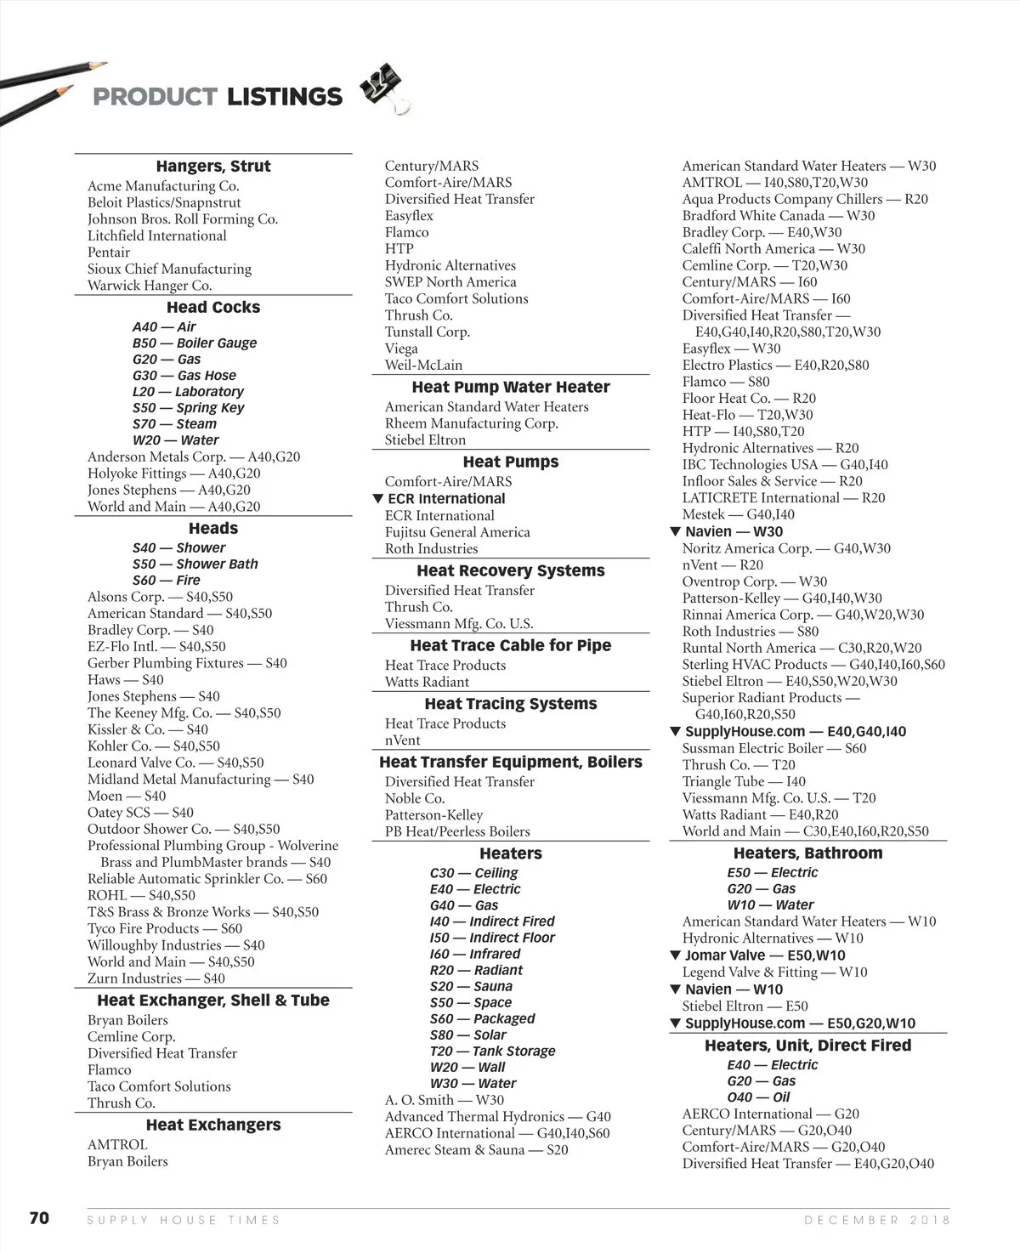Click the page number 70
tap(40, 1217)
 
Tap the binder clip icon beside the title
tap(384, 88)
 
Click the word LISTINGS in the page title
tap(284, 97)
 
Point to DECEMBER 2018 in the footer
tap(877, 1220)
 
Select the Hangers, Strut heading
tap(213, 167)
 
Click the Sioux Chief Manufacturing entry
tap(169, 269)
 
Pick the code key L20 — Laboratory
tap(188, 392)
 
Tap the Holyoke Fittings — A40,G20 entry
tap(173, 473)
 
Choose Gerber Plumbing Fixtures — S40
tap(187, 663)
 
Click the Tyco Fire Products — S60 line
tap(164, 928)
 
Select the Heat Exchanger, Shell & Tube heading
tap(213, 1001)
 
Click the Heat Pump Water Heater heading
tap(511, 387)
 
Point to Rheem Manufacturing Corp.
tap(471, 423)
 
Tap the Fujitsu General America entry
tap(457, 532)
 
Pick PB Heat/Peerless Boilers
tap(457, 831)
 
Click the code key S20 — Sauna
tap(471, 986)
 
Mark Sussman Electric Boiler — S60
tap(773, 748)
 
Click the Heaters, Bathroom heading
tap(807, 853)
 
